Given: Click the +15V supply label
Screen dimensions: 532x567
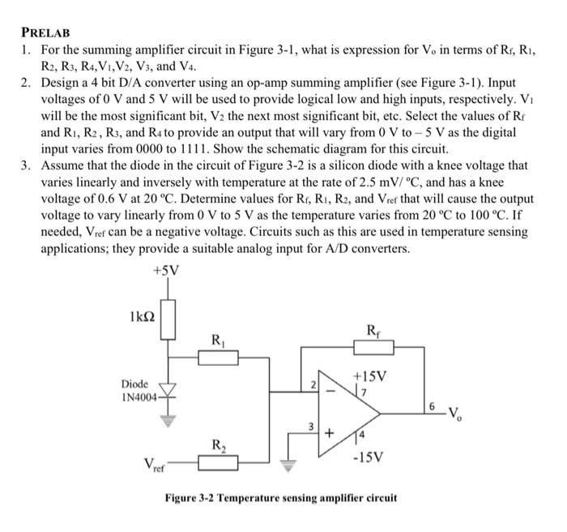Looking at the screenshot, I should (x=370, y=376).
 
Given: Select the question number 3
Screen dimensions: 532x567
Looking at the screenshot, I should (x=27, y=165).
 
